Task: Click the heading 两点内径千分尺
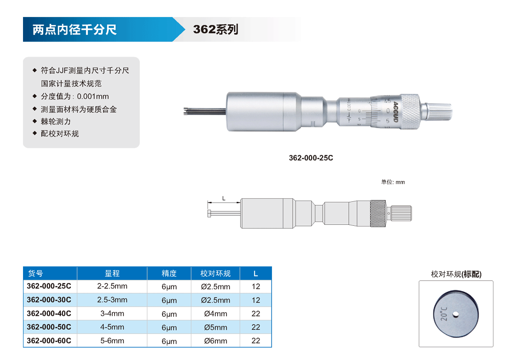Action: pyautogui.click(x=75, y=29)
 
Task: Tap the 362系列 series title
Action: pyautogui.click(x=215, y=29)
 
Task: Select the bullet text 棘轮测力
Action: pyautogui.click(x=56, y=121)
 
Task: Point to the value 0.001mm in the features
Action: pyautogui.click(x=93, y=97)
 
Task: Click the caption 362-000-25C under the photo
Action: pyautogui.click(x=311, y=158)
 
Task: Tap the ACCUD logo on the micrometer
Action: pyautogui.click(x=395, y=112)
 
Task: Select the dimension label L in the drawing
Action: pyautogui.click(x=224, y=198)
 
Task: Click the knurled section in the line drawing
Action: pyautogui.click(x=378, y=213)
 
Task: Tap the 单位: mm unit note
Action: pyautogui.click(x=393, y=182)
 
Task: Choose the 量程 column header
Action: pyautogui.click(x=112, y=274)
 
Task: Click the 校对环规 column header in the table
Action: pyautogui.click(x=215, y=274)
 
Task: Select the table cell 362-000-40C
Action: pyautogui.click(x=49, y=313)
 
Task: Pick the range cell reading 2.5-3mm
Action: pyautogui.click(x=112, y=300)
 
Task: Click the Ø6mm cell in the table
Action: pyautogui.click(x=215, y=341)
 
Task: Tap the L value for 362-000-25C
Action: pyautogui.click(x=256, y=286)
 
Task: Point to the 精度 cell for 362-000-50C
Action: pyautogui.click(x=169, y=327)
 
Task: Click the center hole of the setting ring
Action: pyautogui.click(x=456, y=314)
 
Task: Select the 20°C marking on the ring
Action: pyautogui.click(x=444, y=314)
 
